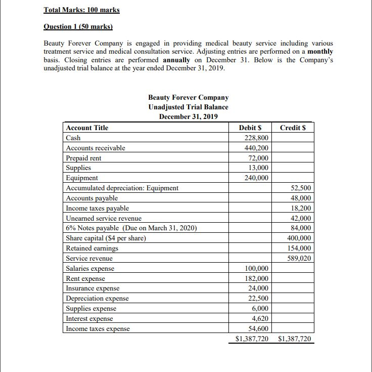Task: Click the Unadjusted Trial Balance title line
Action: [188, 107]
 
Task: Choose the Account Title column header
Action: [87, 128]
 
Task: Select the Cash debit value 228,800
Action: [256, 138]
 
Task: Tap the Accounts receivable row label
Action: [96, 148]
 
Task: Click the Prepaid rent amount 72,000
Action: [258, 158]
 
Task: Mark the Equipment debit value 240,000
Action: [256, 178]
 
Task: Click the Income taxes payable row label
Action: [98, 208]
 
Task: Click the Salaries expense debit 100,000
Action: [256, 268]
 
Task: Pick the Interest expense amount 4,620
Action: [260, 318]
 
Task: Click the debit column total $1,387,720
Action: [252, 339]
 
